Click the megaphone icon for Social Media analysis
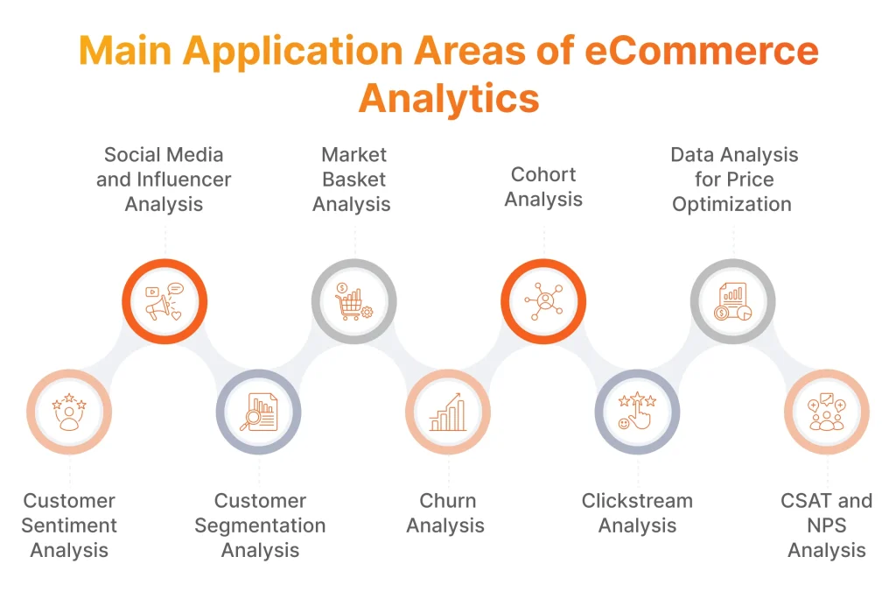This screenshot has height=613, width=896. [x=164, y=301]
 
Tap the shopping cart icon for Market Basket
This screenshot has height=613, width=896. [x=354, y=301]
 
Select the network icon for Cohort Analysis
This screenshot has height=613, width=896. [x=543, y=301]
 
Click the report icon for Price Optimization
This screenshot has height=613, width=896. [x=732, y=301]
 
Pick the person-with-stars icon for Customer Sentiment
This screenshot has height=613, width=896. [x=69, y=412]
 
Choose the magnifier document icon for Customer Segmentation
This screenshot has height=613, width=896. [x=259, y=412]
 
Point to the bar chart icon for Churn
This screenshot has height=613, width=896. [x=448, y=412]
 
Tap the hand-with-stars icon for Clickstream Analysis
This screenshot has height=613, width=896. [x=637, y=412]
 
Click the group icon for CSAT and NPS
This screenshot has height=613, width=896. [x=826, y=412]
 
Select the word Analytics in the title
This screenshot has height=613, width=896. [x=449, y=97]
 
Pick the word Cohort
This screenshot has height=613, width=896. [x=543, y=174]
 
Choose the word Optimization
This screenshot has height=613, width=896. [x=731, y=204]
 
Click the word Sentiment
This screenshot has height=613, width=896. [x=69, y=525]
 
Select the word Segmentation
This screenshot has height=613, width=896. [x=260, y=525]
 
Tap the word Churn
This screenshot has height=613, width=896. [x=448, y=501]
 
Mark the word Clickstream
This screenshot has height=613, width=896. [x=637, y=501]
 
